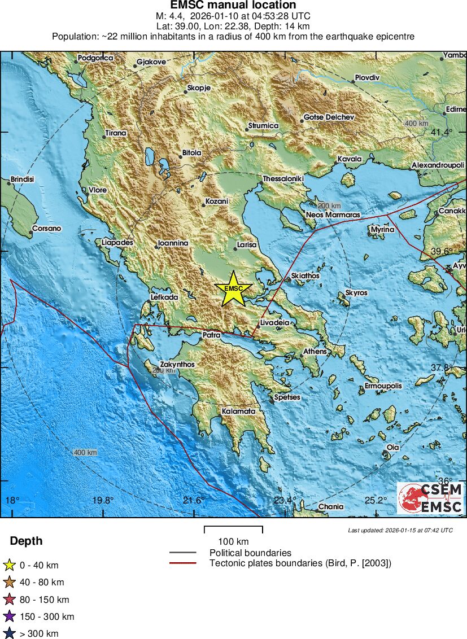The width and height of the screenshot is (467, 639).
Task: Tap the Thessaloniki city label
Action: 283,179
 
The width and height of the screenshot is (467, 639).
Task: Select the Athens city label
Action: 315,352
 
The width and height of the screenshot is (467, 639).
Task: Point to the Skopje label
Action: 198,89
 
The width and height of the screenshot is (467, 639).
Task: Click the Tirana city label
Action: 115,133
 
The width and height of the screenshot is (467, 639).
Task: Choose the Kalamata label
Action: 238,412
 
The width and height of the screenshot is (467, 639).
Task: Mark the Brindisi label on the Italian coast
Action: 22,180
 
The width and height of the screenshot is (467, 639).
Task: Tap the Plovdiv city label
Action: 367,77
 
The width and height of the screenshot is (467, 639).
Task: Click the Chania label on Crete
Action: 330,506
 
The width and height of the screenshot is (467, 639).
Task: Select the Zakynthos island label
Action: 177,365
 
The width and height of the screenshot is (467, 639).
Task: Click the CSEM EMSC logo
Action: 430,498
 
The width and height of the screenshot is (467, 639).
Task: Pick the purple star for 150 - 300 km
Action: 10,616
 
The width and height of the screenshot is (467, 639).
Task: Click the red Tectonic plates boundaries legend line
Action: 182,563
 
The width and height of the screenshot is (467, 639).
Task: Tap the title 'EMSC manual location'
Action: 233,6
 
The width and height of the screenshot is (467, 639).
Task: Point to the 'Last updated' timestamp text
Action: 400,531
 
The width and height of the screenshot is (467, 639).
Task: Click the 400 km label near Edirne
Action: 416,123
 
